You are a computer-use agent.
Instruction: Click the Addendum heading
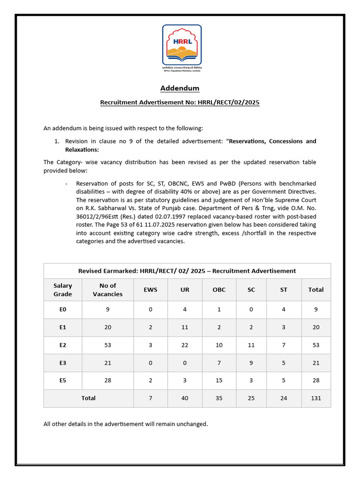pos(180,88)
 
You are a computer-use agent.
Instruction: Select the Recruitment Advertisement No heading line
pos(180,102)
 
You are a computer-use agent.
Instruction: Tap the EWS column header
pos(150,290)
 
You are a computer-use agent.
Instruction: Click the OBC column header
pos(219,290)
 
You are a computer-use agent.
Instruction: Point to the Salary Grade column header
pos(63,290)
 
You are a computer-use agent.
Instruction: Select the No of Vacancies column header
pos(108,290)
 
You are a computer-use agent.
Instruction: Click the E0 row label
pos(63,309)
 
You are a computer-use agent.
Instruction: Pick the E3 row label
pos(63,363)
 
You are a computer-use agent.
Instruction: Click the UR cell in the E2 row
pos(185,345)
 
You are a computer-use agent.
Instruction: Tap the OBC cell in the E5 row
pos(219,380)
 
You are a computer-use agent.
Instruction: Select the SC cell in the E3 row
pos(251,363)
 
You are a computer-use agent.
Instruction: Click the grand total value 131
pos(316,398)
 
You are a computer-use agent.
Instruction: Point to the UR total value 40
pos(185,398)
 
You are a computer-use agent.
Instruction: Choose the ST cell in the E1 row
pos(284,327)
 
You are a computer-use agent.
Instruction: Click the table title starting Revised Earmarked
pos(187,270)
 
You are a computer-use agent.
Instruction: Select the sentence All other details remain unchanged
pos(126,424)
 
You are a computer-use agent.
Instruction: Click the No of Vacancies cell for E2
pos(108,345)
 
